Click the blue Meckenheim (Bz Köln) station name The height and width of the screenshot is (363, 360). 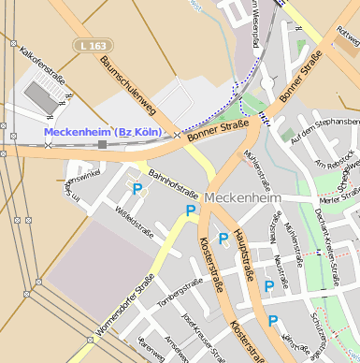click(x=103, y=132)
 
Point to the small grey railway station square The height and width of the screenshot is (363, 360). click(x=102, y=144)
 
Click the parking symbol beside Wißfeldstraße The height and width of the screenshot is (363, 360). click(x=137, y=189)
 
